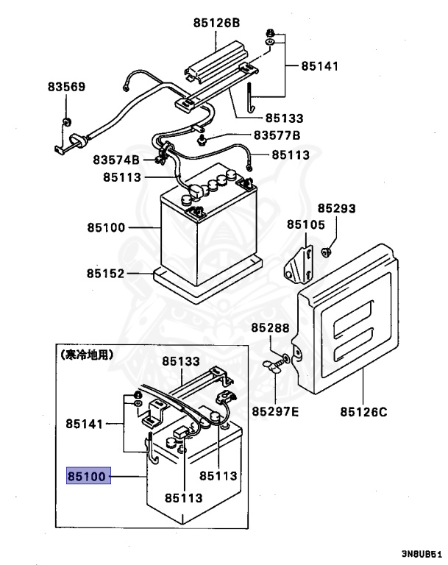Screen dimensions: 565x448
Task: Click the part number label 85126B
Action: (217, 23)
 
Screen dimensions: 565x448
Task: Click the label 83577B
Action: (277, 135)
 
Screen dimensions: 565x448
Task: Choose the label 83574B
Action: (116, 160)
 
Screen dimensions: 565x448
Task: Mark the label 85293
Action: (336, 209)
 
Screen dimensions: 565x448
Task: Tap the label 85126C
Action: (363, 411)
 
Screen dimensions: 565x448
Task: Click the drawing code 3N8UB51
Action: (421, 553)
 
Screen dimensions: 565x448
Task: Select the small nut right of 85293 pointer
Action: (327, 252)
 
